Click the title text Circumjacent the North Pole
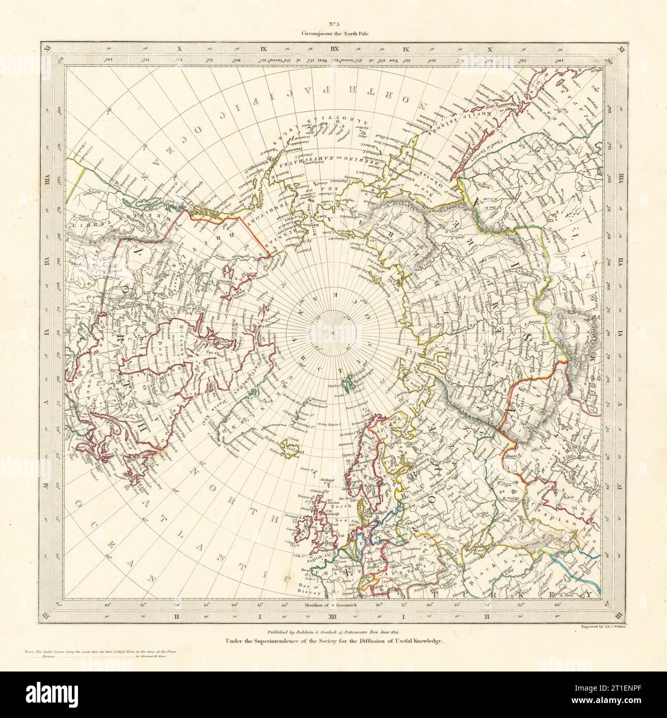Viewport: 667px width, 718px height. point(333,34)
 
